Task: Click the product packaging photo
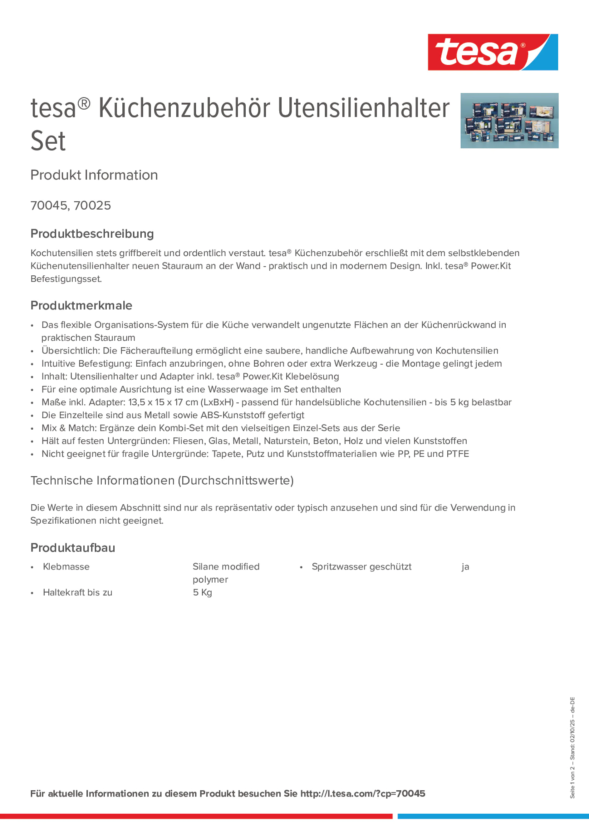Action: click(509, 121)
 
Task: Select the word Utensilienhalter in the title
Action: click(364, 108)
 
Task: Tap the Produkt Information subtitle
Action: click(94, 175)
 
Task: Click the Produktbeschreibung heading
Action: click(92, 234)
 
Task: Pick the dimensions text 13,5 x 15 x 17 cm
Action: click(163, 402)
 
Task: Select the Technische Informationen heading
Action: click(162, 481)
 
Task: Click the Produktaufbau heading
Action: click(73, 548)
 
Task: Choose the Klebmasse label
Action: click(66, 567)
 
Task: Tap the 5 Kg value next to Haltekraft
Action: click(202, 592)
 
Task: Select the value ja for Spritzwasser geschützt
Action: click(465, 567)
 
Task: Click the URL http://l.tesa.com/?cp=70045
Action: click(362, 794)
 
